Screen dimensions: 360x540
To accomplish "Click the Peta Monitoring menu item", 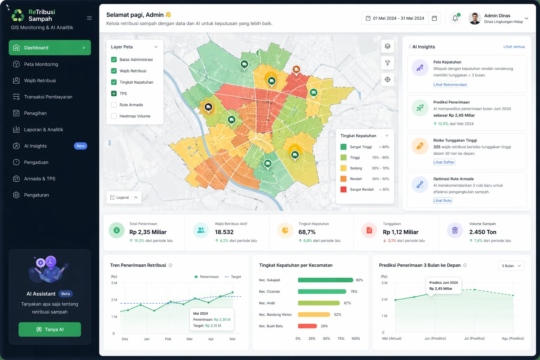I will pos(41,64).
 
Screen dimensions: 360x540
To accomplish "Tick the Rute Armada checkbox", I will pos(114,105).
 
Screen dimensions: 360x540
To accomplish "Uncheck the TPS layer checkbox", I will pos(114,94).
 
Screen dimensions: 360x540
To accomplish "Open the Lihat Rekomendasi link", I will pos(450,85).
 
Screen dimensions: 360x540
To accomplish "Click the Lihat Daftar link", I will pos(444,162).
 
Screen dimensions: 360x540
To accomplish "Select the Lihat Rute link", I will pos(442,201).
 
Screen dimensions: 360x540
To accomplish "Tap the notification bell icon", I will pos(455,18).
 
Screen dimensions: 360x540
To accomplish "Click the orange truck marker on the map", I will pos(296,70).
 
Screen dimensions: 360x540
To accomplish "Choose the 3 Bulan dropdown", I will pos(511,266).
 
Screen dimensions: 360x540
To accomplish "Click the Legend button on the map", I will pos(123,198).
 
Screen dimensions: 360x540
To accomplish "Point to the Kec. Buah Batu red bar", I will pos(307,326).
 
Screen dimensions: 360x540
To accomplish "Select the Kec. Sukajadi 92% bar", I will pos(325,280).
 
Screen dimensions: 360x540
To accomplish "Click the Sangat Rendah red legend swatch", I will pos(343,189).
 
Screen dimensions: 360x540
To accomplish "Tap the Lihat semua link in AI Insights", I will pos(514,47).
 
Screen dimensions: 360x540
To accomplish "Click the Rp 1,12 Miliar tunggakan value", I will pos(400,232).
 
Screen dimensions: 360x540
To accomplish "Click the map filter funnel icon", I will pos(387,63).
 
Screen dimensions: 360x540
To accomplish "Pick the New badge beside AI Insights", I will pos(81,146).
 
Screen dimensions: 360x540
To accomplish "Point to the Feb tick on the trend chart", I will pos(168,339).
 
